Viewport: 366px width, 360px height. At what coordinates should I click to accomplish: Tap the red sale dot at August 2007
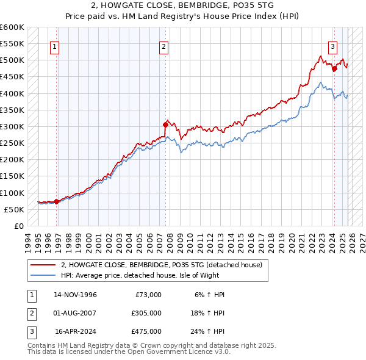(165, 124)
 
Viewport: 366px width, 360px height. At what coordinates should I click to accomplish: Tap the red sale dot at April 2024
(334, 69)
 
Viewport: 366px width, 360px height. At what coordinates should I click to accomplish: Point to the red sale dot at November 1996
(56, 201)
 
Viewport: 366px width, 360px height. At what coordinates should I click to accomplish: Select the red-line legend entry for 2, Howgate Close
(162, 265)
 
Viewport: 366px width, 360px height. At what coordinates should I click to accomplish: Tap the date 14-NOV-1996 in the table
(76, 295)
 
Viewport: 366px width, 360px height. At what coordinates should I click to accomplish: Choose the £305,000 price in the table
(146, 313)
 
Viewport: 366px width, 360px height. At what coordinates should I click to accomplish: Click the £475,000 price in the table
(146, 331)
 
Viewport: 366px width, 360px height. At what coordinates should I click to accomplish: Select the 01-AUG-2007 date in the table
(76, 313)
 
